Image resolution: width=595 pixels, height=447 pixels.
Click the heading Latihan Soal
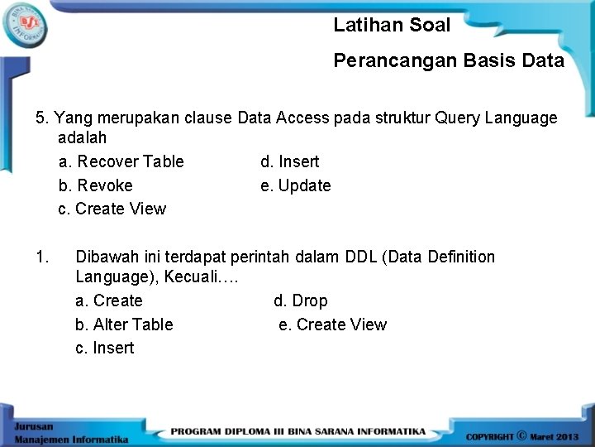coord(392,26)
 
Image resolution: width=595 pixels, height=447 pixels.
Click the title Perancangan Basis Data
coord(449,60)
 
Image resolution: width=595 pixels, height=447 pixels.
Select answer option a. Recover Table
coord(121,161)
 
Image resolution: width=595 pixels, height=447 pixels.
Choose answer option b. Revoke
coord(95,185)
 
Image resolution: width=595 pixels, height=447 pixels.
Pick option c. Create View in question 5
coord(112,209)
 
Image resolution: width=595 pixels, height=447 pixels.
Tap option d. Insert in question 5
coord(289,161)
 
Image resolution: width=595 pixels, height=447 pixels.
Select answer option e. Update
coord(295,185)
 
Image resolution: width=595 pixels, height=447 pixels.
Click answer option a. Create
coord(108,300)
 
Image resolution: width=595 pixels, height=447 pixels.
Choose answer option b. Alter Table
coord(124,324)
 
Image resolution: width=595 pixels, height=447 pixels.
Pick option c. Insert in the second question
coord(104,348)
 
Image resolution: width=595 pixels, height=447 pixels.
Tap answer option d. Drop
coord(300,300)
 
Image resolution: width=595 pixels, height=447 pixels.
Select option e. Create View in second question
coord(332,324)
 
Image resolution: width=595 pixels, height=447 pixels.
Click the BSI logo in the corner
coord(26,25)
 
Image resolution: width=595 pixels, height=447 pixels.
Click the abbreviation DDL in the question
coord(359,257)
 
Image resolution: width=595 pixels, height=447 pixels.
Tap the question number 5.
coord(40,118)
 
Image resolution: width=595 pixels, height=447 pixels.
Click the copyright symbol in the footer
coord(522,435)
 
